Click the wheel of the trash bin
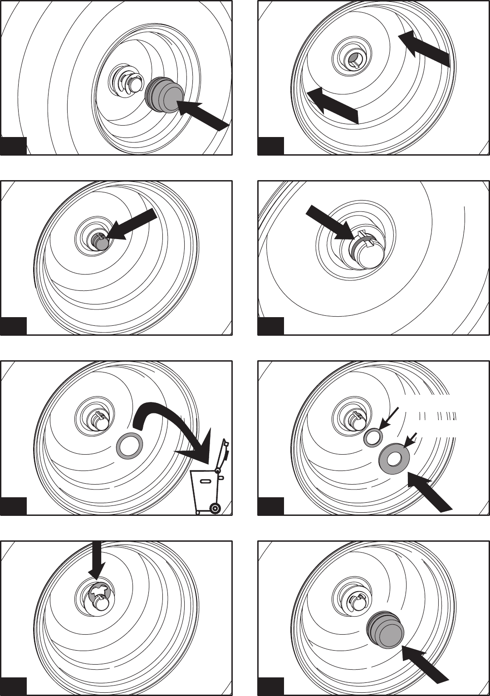[215, 508]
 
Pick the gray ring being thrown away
[130, 446]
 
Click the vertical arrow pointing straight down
[96, 560]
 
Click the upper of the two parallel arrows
[424, 48]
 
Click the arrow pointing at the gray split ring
[329, 223]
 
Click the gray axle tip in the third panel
[99, 241]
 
